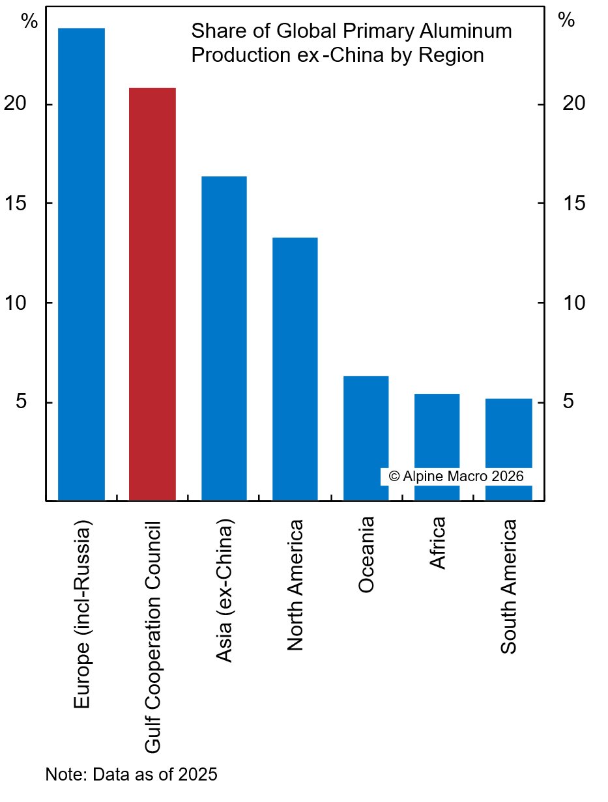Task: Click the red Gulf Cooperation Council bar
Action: coord(152,293)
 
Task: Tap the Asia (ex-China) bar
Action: coord(224,339)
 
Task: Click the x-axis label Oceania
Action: coord(366,554)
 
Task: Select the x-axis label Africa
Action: coord(438,542)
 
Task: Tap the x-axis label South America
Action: coord(509,587)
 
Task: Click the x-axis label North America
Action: coord(295,585)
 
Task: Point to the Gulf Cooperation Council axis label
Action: coord(152,637)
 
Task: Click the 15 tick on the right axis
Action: coord(573,204)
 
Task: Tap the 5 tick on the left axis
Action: coord(22,402)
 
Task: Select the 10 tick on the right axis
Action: coord(573,303)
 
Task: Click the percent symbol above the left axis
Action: coord(29,21)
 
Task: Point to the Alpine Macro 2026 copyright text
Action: coord(456,476)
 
